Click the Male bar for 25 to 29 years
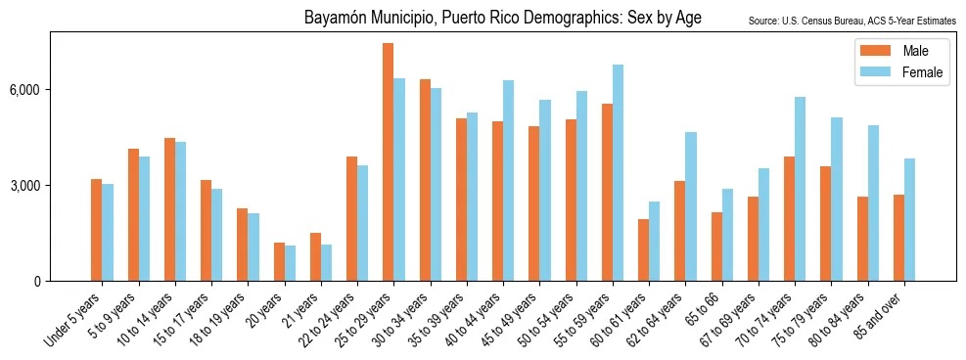pos(388,162)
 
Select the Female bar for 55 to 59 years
pos(618,173)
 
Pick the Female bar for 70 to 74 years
pos(800,189)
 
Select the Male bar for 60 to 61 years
pos(643,250)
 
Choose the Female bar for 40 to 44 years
pos(508,181)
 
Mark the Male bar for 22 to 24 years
pos(351,219)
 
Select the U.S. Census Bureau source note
pos(851,21)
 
